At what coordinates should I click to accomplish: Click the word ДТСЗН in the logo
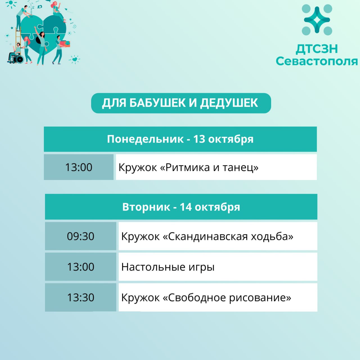point(317,49)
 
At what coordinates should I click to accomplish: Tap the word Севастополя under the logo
point(317,61)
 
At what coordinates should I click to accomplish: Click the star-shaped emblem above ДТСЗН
point(317,20)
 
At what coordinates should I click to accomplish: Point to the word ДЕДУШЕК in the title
point(229,103)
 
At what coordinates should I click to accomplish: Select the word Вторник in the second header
point(146,207)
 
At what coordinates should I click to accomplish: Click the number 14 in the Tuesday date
point(186,207)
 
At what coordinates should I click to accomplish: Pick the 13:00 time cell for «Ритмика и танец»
point(79,167)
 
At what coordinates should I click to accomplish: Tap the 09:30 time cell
point(80,236)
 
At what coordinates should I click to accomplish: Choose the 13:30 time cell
point(80,297)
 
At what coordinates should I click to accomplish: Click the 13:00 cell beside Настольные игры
point(80,267)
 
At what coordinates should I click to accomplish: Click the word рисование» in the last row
point(260,298)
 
